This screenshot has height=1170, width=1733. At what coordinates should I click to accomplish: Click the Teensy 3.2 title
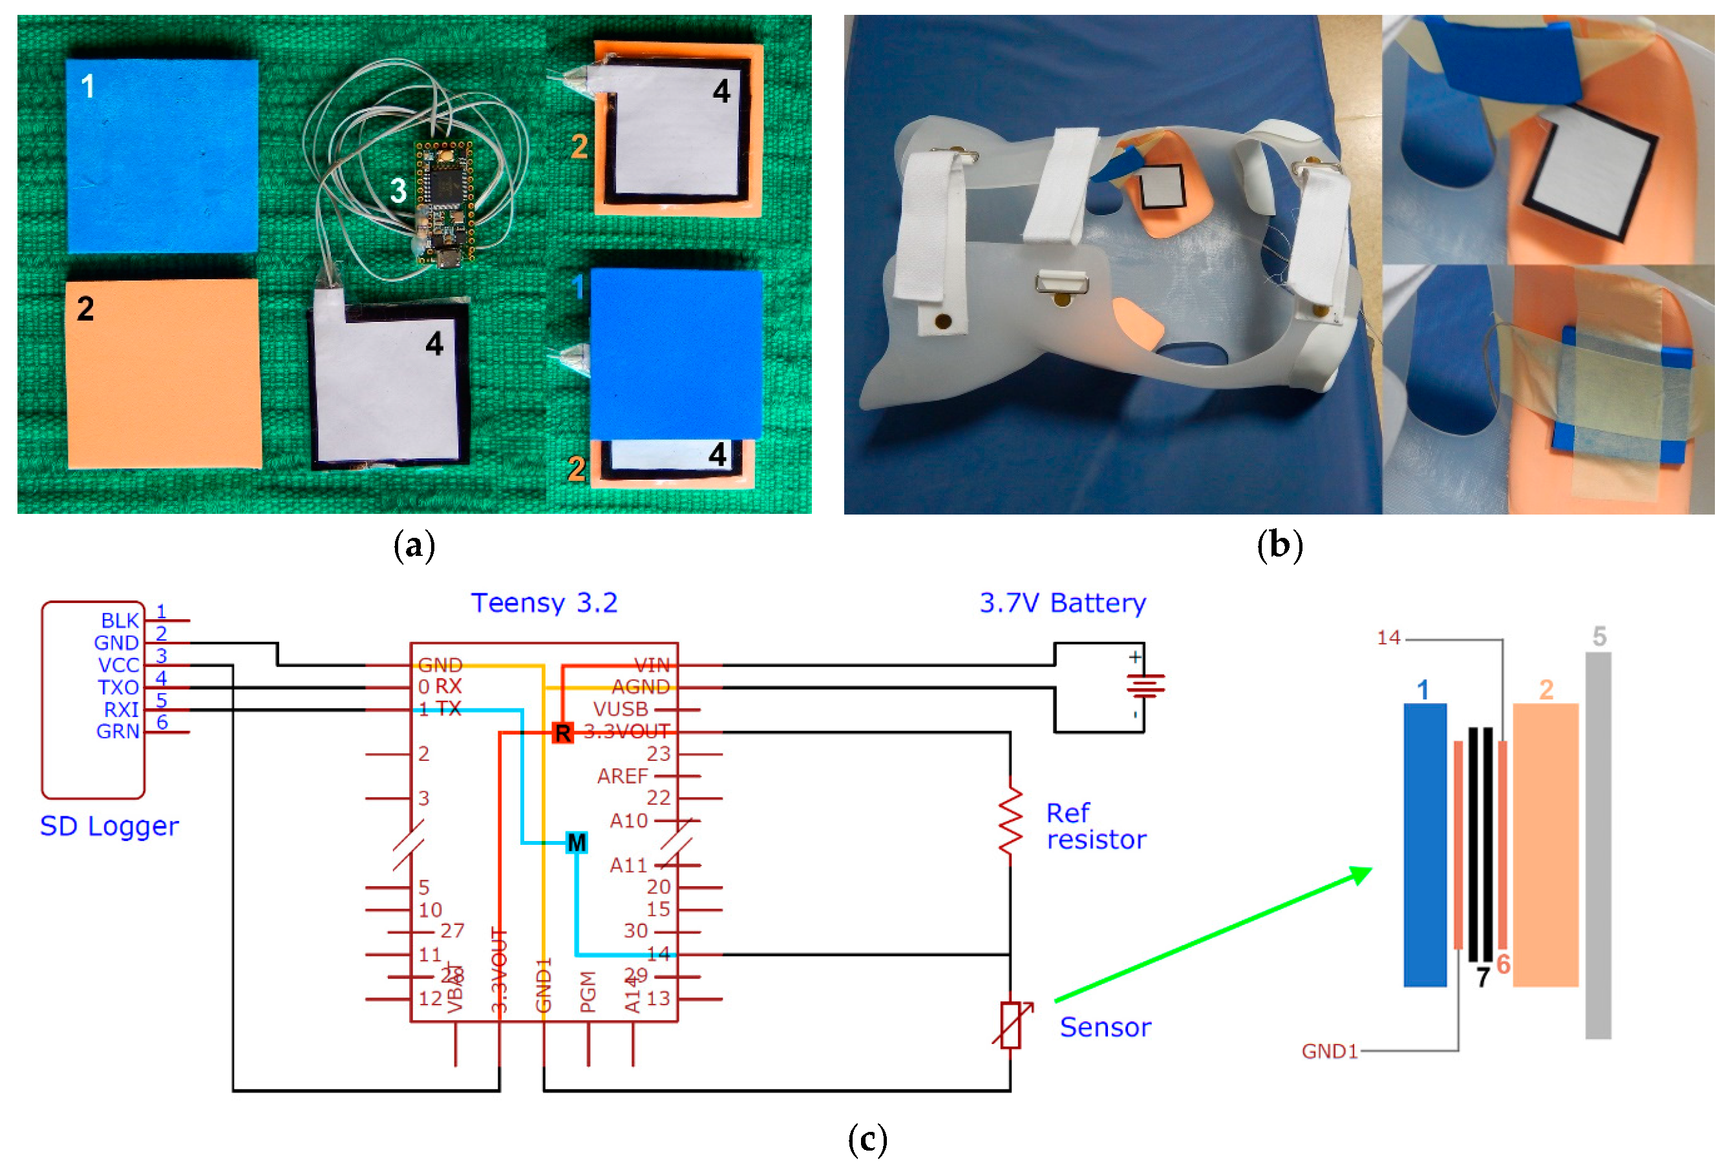click(x=544, y=602)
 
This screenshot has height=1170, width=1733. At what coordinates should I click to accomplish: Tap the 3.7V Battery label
click(x=1062, y=602)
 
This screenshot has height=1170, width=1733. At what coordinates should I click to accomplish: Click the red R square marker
click(x=562, y=732)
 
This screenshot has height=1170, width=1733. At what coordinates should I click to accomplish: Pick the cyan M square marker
click(x=577, y=843)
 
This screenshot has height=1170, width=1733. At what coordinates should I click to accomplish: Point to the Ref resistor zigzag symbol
click(x=1010, y=820)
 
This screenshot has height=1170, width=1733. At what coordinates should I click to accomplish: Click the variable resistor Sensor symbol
click(x=1010, y=1025)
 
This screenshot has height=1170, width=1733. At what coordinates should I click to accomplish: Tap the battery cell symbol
click(x=1144, y=685)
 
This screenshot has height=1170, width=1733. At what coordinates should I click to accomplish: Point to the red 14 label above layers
click(x=1388, y=637)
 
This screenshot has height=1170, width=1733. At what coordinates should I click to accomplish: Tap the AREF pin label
click(x=622, y=776)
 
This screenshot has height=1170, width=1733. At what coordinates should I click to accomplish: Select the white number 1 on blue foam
click(x=88, y=86)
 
